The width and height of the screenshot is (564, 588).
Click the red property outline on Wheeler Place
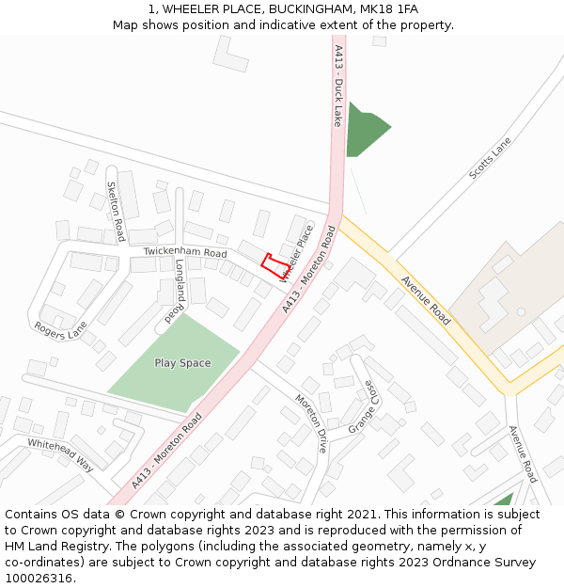[x=274, y=264]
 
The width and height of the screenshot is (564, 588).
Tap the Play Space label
[x=182, y=363]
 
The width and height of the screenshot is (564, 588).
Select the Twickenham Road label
[x=185, y=253]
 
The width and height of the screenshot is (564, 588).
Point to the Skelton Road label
[x=116, y=211]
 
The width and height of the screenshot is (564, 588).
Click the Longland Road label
[x=176, y=292]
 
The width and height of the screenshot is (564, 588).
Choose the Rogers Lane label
[x=60, y=329]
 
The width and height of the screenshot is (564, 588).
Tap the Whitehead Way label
[x=60, y=455]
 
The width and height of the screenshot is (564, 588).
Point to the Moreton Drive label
[x=310, y=422]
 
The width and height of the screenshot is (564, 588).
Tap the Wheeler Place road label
[x=295, y=253]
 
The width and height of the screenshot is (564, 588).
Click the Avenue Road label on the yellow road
[x=426, y=300]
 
